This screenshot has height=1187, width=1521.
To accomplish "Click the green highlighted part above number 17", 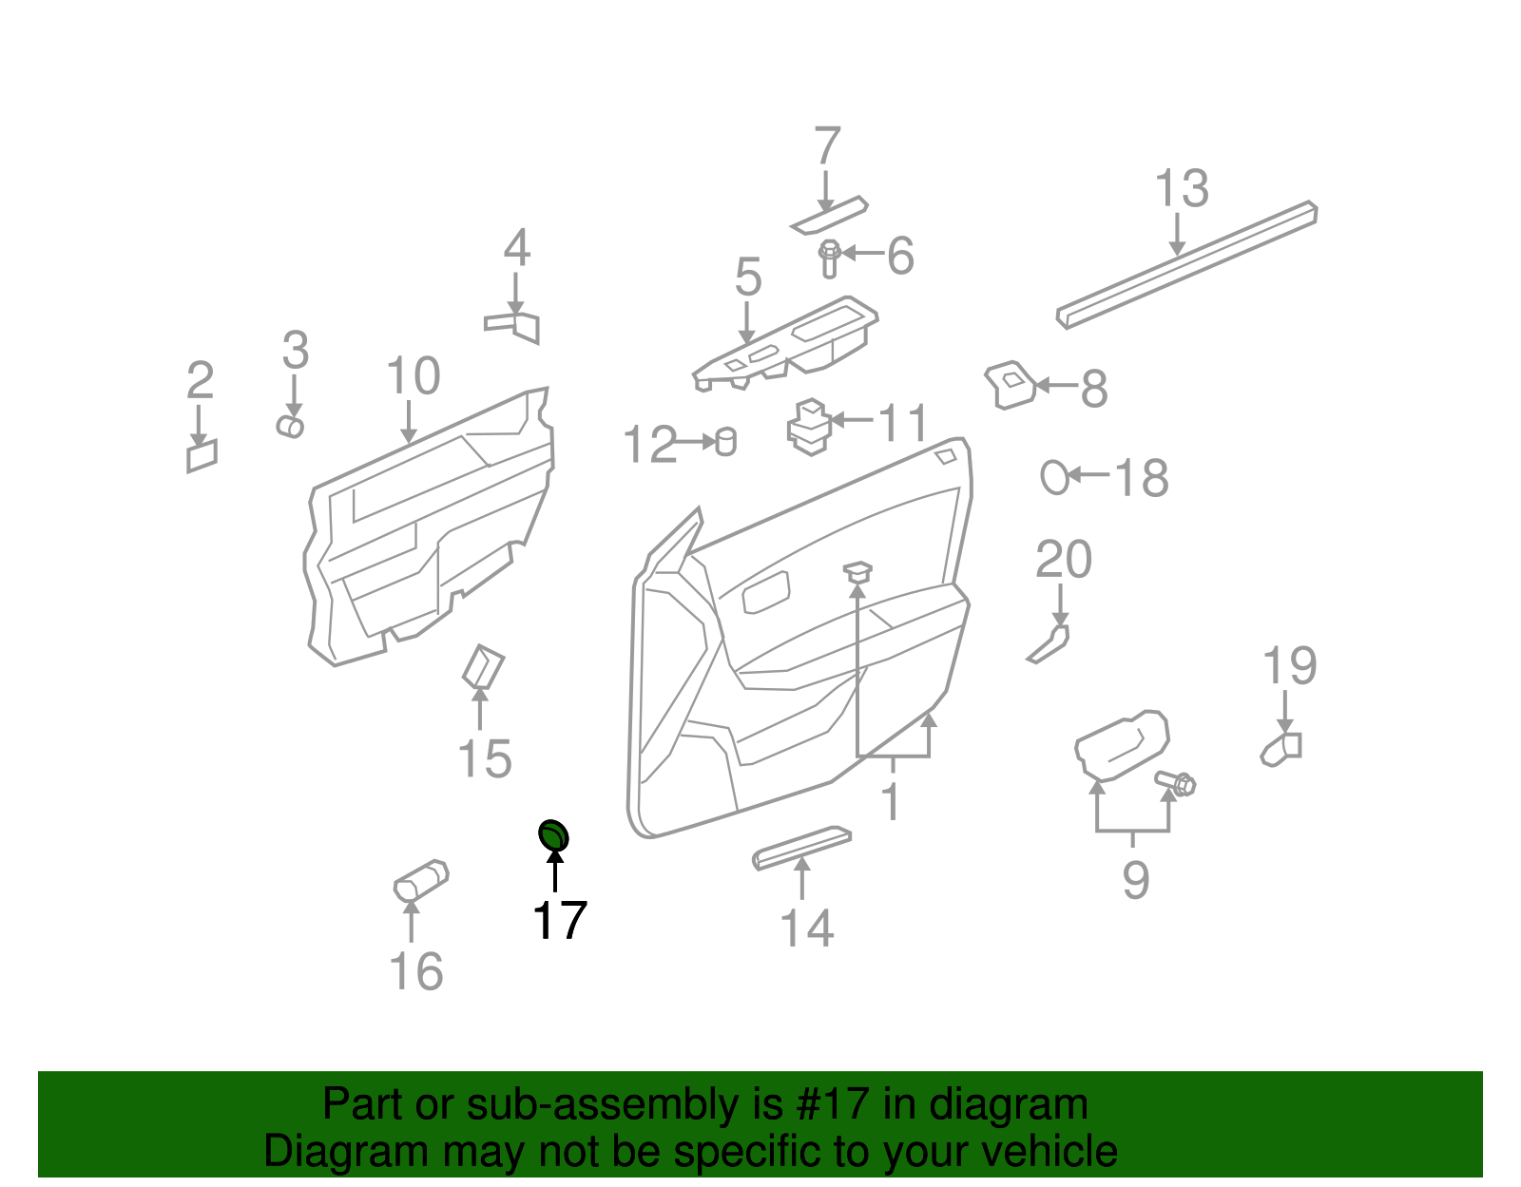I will click(553, 835).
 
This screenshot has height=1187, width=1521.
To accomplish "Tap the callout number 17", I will click(559, 921).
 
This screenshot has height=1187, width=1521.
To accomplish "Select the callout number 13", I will click(1181, 188).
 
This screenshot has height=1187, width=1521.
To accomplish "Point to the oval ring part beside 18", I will click(1054, 476).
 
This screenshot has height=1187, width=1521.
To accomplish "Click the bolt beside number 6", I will click(829, 258).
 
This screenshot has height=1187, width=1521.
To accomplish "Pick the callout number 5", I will click(748, 278).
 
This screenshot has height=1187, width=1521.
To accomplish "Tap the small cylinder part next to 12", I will click(725, 442).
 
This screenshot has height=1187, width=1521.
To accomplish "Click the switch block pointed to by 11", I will click(810, 427).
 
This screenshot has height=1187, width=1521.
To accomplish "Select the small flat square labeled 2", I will click(202, 456).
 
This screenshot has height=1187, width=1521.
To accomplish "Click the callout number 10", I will click(413, 376).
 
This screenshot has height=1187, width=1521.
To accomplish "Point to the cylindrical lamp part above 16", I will click(421, 881).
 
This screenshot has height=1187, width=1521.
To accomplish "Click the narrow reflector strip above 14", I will click(801, 846).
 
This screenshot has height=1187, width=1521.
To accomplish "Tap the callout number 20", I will click(1063, 560).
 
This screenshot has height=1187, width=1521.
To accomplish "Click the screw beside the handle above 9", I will click(1177, 783).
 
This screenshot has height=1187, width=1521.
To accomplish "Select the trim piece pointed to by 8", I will click(1010, 384).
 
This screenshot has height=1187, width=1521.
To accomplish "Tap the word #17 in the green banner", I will click(839, 1104).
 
